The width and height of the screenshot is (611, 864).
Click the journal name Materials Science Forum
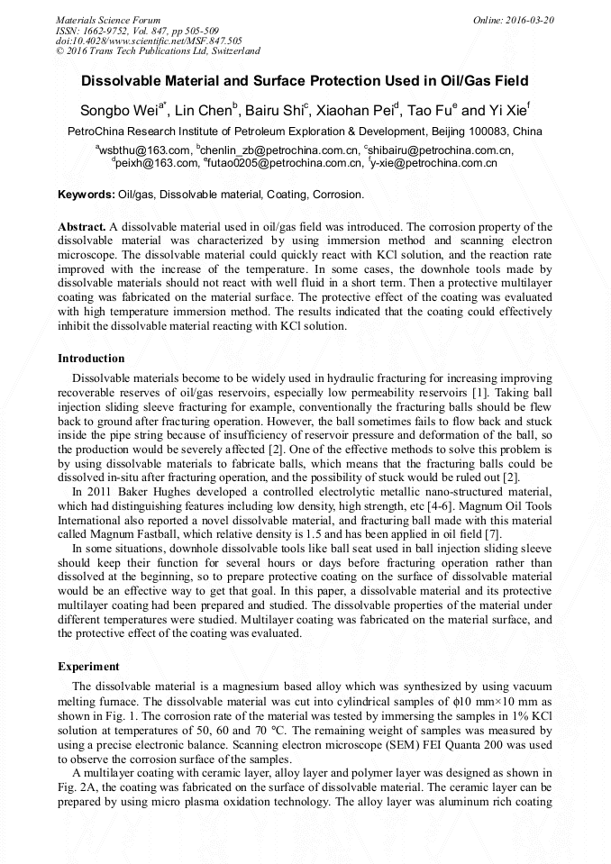pyautogui.click(x=108, y=20)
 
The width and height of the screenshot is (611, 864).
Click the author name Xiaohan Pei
pyautogui.click(x=360, y=111)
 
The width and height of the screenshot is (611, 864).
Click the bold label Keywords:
pyautogui.click(x=87, y=195)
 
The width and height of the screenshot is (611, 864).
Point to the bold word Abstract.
pyautogui.click(x=81, y=227)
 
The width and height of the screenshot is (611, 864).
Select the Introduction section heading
pyautogui.click(x=91, y=359)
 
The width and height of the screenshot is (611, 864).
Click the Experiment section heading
pyautogui.click(x=88, y=667)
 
